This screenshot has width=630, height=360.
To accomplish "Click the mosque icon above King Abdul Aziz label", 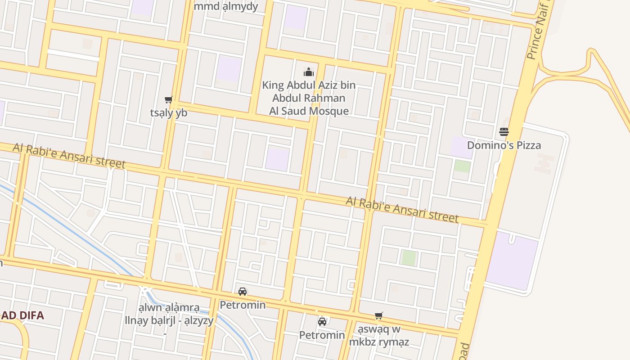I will pos(309,72).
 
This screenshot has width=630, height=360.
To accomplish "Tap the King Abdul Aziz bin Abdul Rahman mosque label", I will pos(309,98).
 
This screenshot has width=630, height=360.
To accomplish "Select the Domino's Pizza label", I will pos(504,145).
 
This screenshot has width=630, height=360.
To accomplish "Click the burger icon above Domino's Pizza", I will pos(504,132).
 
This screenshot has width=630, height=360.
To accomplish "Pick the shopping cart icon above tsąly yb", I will pos(168,99).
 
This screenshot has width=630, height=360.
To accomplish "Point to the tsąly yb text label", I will pos(168,113).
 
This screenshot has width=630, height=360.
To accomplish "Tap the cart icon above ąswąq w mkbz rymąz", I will pos(379,316).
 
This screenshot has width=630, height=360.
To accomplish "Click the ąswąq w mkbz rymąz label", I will pos(379,335).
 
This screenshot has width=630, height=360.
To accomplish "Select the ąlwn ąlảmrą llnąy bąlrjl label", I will pos(169,315).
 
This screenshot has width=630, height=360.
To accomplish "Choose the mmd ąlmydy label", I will pos(226,6).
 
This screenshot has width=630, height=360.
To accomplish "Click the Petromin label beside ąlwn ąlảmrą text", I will pos(243,305).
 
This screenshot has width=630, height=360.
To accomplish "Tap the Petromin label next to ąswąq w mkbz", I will pos(322,335).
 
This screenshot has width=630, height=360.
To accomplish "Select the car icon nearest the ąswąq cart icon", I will pos(322,322).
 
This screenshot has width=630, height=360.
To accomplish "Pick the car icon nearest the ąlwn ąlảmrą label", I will pos(243,292).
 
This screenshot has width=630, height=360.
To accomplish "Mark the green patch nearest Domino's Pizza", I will pos(462,166).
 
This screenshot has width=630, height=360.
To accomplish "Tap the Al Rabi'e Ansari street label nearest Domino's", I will pos(402,209).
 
